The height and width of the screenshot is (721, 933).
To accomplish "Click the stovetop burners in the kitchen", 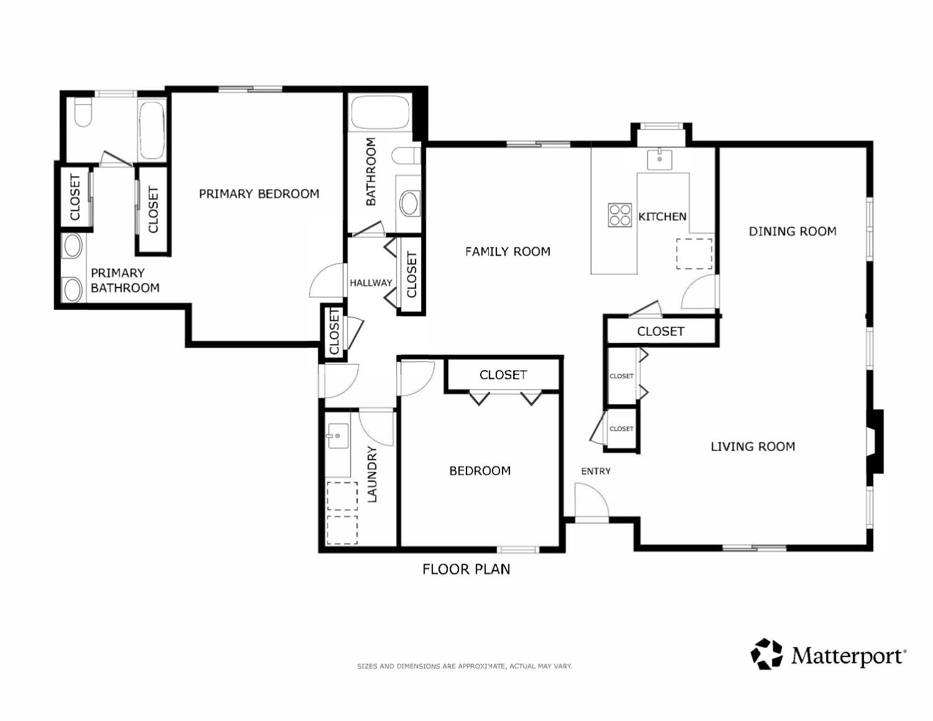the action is pos(620,215).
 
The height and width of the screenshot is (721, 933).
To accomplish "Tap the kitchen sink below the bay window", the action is pos(659,159).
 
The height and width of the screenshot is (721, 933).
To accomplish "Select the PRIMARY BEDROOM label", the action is pos(259,194).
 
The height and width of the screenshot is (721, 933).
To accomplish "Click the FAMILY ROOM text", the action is pos(508,251).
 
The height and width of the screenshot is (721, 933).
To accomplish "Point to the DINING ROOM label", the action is pos(792,231).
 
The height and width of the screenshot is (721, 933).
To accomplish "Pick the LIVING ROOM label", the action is pos(753,447).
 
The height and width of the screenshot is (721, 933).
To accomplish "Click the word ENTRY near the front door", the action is pos(595,471).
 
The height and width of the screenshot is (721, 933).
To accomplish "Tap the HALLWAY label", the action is pos(371,282).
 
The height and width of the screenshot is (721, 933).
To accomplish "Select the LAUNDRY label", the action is pos(372,474).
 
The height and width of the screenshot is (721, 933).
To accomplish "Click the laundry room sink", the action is pos(338,436).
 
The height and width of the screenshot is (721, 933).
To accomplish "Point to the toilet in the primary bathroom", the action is pos(83,112).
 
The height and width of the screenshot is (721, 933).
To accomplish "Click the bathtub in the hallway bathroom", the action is pos(380,113).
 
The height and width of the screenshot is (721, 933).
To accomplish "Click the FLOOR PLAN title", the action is pos(466,569).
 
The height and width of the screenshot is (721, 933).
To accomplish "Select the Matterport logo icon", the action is pos(766,654).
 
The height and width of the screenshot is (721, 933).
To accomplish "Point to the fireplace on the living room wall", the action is pos(875,441).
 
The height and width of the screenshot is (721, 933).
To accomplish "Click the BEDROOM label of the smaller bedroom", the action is pos(480,471).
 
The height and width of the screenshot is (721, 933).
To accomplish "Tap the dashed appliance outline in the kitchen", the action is pos(694,254).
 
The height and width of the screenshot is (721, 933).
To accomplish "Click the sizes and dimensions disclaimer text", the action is pos(465,666).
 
